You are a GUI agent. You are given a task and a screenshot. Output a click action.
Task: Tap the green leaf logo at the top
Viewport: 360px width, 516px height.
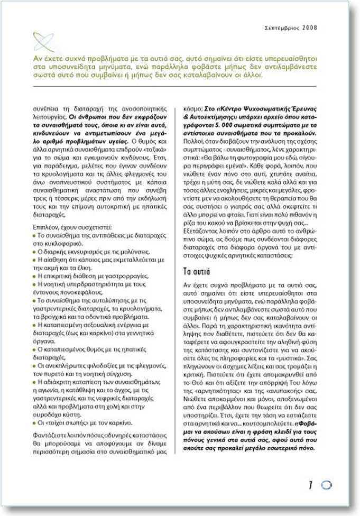tap(43, 41)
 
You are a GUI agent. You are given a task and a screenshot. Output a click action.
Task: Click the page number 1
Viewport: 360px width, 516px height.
tap(311, 484)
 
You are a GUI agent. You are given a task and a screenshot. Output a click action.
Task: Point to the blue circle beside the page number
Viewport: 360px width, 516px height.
tap(325, 485)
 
